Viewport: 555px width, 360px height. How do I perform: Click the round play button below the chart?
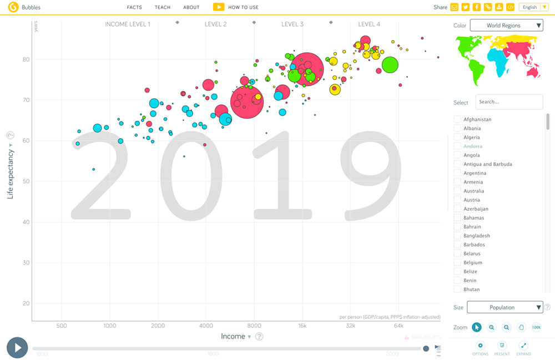coord(17,348)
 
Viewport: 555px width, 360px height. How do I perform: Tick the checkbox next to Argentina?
coord(457,173)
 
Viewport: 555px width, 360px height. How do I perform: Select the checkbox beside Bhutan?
coord(457,289)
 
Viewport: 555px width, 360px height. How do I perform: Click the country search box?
coord(509,102)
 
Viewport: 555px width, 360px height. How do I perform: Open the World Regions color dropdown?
coord(506,26)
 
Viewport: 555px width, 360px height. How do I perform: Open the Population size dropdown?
coord(504,307)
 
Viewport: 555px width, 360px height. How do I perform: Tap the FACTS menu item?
coord(134,7)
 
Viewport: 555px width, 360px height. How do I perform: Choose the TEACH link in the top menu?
coord(163,7)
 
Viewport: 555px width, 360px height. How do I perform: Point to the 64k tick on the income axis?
coord(398,326)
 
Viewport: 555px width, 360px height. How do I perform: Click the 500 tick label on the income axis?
coord(62,326)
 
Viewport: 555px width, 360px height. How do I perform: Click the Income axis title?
coord(233,336)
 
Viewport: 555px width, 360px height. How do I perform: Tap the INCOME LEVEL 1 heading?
coord(128,24)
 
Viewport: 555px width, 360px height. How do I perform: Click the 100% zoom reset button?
coord(536,327)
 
